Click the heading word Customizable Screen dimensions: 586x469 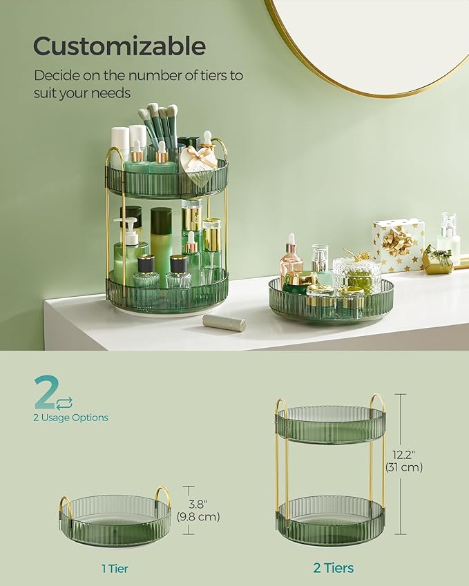[x=119, y=46]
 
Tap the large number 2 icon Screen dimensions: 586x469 [x=46, y=393]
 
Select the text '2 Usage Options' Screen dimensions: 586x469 [x=70, y=418]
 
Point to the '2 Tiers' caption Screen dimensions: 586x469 [x=333, y=568]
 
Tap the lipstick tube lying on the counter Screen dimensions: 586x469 [x=224, y=322]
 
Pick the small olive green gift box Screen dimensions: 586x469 [x=438, y=260]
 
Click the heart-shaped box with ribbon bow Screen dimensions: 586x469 [x=198, y=165]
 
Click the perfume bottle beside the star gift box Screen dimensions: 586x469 [x=448, y=238]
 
